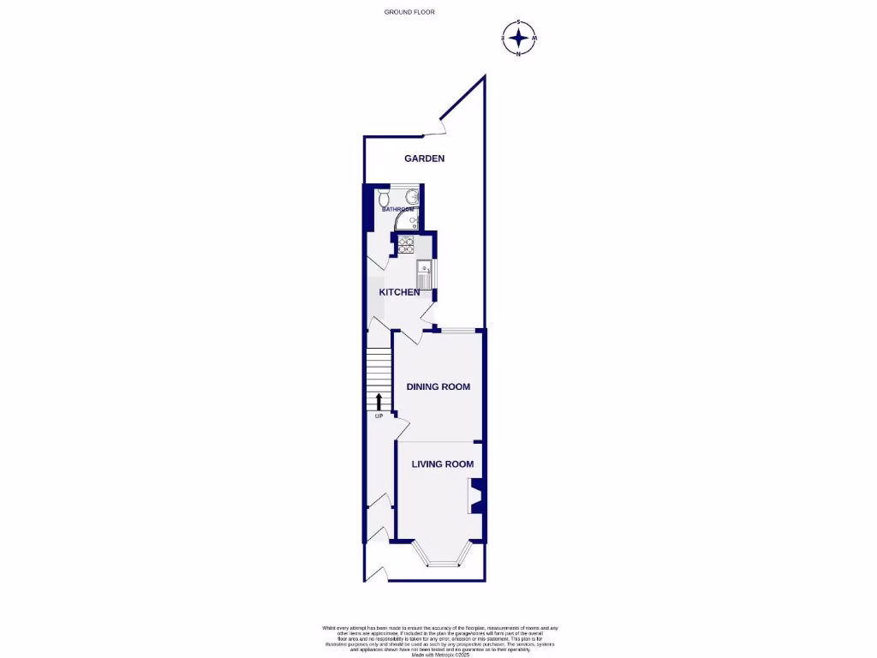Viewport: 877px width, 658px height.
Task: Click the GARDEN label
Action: (425, 159)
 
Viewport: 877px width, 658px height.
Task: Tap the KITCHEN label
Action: (400, 292)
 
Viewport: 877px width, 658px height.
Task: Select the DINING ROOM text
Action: (438, 386)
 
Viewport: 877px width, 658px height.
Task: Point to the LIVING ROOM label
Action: (443, 464)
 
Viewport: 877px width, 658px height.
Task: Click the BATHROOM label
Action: (398, 209)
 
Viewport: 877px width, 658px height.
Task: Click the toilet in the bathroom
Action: (382, 198)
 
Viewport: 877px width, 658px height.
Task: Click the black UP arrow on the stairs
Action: (379, 402)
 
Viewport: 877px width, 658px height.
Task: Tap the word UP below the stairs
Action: (379, 416)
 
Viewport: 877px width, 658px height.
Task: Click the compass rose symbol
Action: (518, 38)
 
